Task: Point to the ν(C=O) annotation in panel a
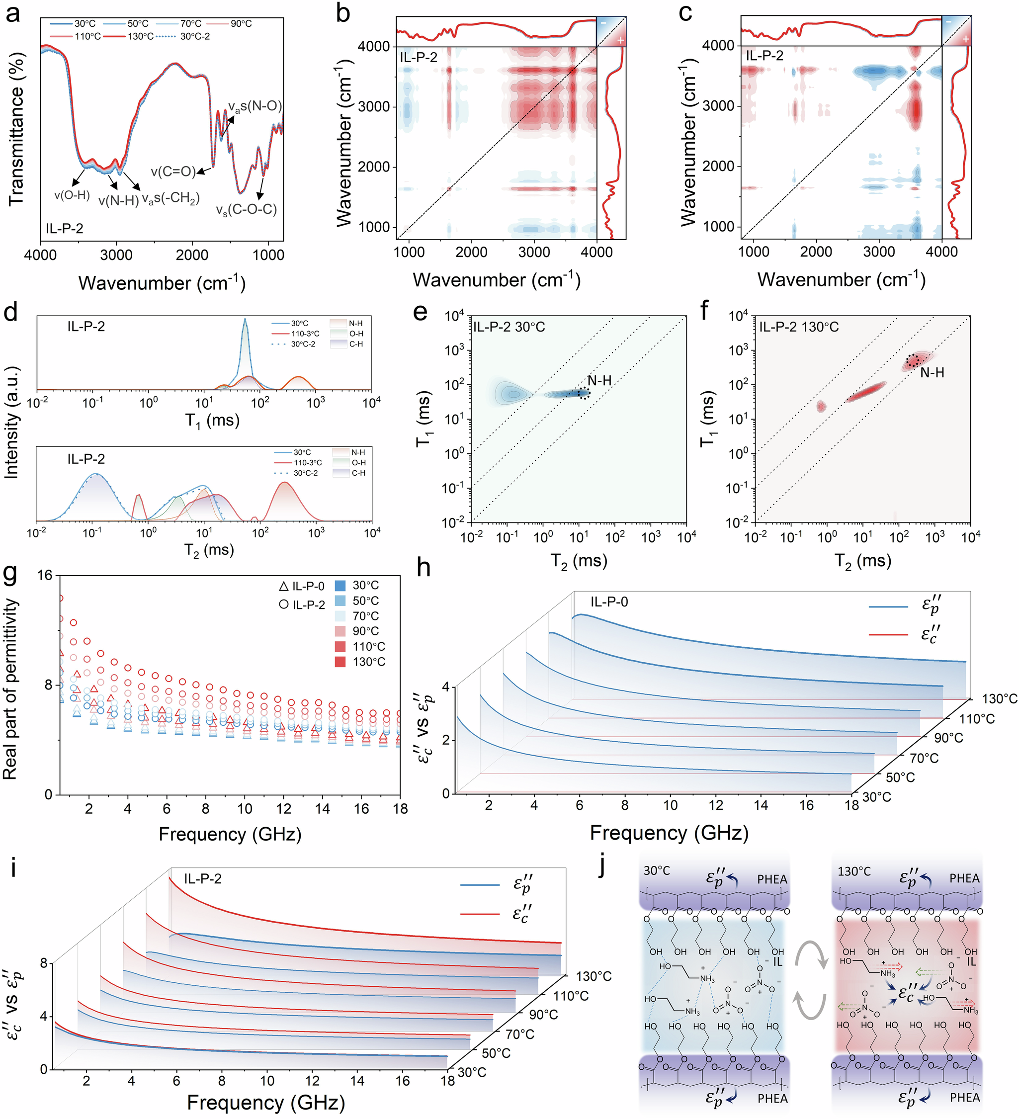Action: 173,172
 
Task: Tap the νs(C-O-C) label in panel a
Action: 247,210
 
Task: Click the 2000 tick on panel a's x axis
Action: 192,255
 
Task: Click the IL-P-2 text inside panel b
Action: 419,57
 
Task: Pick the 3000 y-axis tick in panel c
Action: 718,106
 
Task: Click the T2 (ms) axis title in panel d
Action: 209,550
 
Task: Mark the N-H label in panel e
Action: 599,381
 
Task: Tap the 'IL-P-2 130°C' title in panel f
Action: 799,327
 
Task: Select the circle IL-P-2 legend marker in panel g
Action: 284,604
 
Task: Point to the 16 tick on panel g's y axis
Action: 44,575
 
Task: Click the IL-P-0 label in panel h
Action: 609,602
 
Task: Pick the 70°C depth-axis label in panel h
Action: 924,758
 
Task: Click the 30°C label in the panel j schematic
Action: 657,870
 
